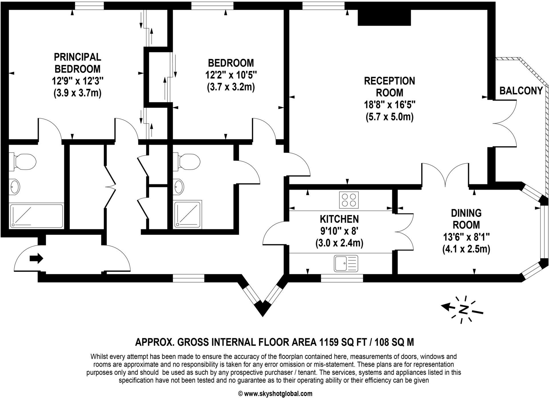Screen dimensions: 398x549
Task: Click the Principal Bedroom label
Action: point(77,63)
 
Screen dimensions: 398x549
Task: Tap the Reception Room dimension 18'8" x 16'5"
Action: point(389,105)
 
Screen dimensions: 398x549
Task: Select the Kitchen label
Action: point(339,219)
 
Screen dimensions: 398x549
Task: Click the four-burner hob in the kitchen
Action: point(349,200)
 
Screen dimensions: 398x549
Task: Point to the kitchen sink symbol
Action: point(346,263)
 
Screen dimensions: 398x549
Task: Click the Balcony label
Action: point(521,91)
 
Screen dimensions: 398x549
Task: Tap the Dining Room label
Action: point(466,219)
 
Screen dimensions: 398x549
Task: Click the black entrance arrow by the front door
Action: point(36,258)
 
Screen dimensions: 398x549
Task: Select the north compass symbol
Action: point(463,310)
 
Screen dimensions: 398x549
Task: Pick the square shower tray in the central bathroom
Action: point(188,214)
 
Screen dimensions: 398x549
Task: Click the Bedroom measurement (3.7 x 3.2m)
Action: point(231,87)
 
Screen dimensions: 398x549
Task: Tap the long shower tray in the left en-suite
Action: point(36,216)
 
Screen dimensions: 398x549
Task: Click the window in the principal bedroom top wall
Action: point(89,5)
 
